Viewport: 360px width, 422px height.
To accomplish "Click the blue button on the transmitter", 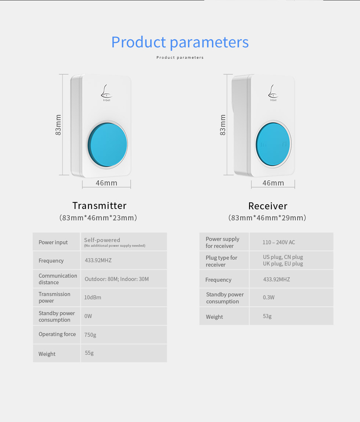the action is point(107,145).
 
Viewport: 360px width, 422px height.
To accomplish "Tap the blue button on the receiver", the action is point(273,144).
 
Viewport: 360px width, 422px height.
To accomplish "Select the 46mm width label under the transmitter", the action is point(107,183).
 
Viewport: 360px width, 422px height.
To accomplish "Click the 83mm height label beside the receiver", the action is point(223,125).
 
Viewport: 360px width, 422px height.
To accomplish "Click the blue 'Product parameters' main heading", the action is point(180,42).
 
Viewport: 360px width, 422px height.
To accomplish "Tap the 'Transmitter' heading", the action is point(99,206).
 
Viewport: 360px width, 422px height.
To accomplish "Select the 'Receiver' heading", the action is point(268,206).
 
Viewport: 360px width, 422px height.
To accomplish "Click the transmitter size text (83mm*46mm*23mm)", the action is point(98,218).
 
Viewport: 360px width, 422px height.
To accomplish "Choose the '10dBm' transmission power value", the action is point(93,297).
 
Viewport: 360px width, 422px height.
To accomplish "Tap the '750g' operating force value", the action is point(90,335).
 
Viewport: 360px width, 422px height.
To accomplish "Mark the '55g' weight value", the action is point(89,353).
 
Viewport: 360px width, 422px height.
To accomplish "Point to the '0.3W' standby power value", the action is point(269,297).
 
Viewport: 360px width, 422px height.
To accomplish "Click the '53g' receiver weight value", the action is point(267,316).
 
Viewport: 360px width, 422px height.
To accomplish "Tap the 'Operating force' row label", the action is point(57,334).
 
